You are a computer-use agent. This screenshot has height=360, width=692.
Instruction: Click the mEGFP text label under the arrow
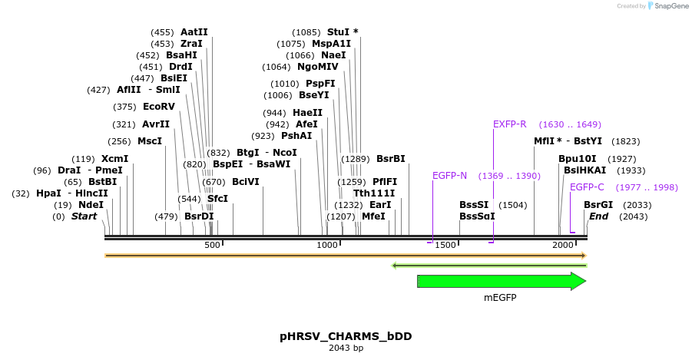(x=500, y=298)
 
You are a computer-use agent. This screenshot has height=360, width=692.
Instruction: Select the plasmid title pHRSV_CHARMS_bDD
(x=346, y=336)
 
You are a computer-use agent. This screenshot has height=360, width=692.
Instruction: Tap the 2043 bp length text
(x=346, y=348)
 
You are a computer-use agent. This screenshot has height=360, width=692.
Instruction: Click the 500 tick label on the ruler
(x=212, y=245)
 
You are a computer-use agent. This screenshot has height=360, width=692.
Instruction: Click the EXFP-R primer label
(x=509, y=124)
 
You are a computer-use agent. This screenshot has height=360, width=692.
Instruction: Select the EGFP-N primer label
(x=449, y=176)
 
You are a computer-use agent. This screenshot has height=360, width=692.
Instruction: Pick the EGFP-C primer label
(x=587, y=187)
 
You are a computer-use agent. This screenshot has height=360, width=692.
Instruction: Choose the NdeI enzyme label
(x=91, y=205)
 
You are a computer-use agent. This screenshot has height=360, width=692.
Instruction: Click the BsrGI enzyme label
(x=598, y=205)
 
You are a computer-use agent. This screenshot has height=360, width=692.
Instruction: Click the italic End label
(x=598, y=216)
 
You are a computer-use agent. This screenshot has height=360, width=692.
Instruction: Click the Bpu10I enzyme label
(x=577, y=159)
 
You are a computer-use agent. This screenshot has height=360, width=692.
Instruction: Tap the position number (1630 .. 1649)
(x=570, y=124)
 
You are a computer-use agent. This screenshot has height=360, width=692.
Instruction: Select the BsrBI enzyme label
(x=390, y=159)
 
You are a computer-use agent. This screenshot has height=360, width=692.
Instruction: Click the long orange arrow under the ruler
(x=346, y=255)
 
